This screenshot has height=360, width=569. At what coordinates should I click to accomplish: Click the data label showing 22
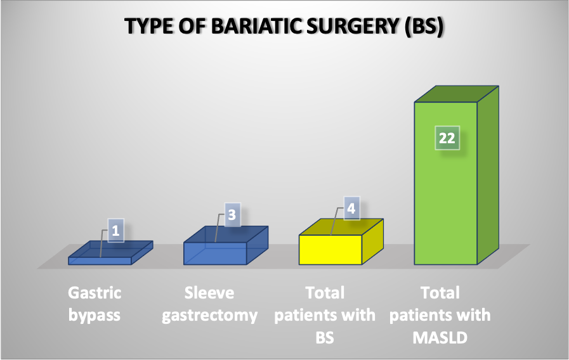[x=447, y=138]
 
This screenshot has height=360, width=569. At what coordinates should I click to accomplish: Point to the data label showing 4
[x=351, y=208]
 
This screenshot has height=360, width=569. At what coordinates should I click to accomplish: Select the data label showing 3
[x=232, y=215]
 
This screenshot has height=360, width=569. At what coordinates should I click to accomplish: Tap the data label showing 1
[x=115, y=231]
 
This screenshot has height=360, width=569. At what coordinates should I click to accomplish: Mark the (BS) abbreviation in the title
[x=424, y=27]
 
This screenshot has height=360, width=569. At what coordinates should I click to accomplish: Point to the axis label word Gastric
[x=95, y=293]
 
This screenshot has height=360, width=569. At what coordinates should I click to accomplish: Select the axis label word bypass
[x=95, y=316]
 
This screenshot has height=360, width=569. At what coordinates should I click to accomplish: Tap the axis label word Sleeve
[x=209, y=293]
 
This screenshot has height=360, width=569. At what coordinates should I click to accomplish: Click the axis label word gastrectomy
[x=210, y=316]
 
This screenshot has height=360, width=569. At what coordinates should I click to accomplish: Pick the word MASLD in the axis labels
[x=440, y=338]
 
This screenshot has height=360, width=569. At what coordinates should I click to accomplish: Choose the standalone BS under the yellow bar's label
[x=325, y=338]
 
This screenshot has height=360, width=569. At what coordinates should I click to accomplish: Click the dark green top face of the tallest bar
[x=457, y=94]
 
